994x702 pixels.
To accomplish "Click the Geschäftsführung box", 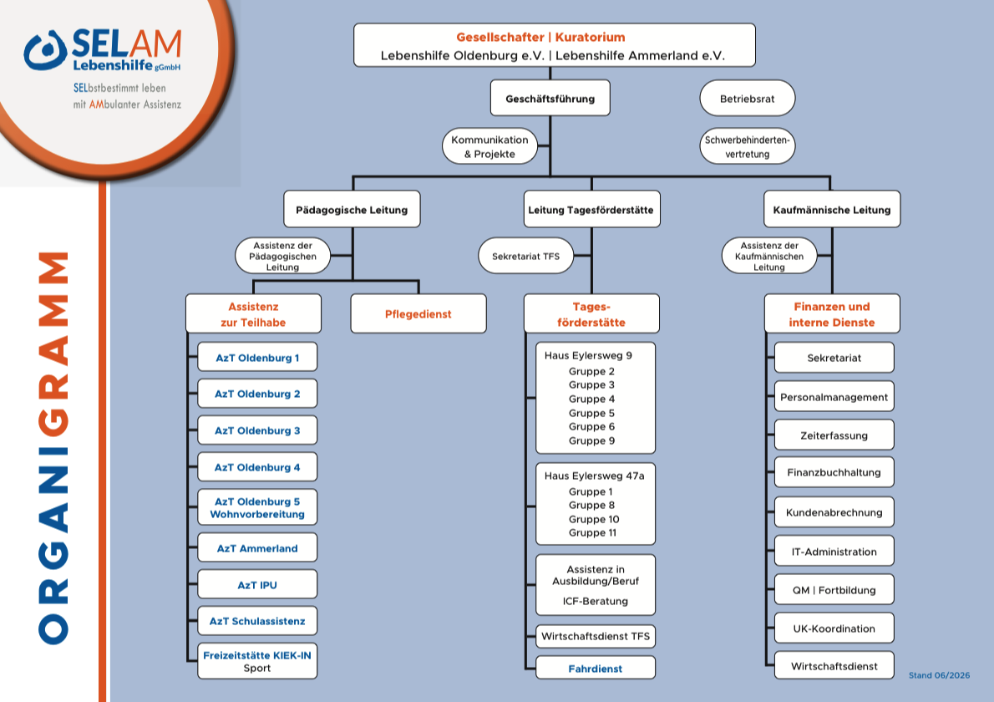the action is point(550,98).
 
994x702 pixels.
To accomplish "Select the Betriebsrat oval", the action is point(748,99).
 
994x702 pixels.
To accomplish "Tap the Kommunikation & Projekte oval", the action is point(490,146).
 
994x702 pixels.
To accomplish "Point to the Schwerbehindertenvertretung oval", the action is point(748,146).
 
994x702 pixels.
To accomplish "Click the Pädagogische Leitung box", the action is point(352,209).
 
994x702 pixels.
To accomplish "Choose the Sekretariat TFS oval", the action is point(526,257).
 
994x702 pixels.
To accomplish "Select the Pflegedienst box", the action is point(418,314).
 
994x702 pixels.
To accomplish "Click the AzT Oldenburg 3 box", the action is point(257,430).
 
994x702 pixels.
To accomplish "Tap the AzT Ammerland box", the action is point(257,548).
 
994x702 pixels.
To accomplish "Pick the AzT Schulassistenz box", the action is point(257,621).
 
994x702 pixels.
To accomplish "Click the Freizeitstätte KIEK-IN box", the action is point(257,661).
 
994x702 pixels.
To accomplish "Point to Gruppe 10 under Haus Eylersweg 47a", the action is point(594,519).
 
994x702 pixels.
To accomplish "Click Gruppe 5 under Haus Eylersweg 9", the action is point(591,413).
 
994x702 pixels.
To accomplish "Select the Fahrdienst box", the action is point(596,668).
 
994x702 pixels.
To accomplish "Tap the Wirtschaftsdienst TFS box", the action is point(596,636).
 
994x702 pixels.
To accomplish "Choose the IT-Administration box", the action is point(834,551).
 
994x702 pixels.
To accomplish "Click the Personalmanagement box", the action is point(834,397).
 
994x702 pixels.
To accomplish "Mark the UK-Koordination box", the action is point(834,628).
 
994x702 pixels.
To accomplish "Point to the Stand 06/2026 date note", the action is point(939,675).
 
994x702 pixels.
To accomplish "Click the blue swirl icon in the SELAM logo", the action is point(45,51).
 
